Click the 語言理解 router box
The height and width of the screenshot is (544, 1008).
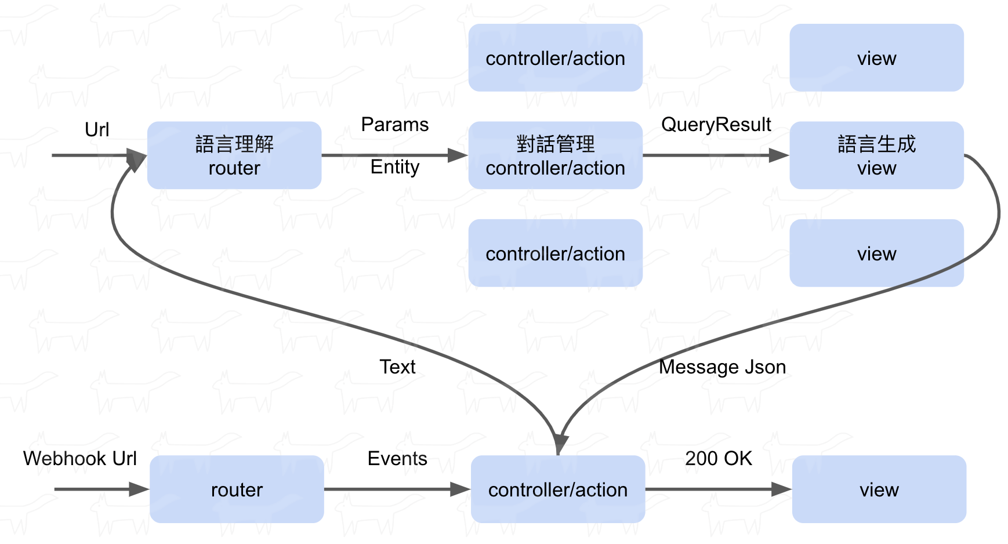coord(234,155)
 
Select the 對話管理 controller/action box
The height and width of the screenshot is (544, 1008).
coord(556,155)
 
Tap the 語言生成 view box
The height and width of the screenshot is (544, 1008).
coord(877,155)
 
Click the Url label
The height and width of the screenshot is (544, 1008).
coord(97,129)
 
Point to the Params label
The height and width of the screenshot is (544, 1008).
coord(395,125)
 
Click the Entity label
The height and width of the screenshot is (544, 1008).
coord(395,168)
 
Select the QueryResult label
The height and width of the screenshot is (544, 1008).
coord(716,125)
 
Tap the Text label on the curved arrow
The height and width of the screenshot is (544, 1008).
coord(397,367)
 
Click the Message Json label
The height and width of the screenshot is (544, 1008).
coord(723,367)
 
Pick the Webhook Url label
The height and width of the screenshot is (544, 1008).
coord(80,458)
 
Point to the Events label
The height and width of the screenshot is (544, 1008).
coord(397,458)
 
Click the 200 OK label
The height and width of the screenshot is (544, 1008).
coord(719,458)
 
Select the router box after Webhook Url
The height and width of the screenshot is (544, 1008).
coord(237,489)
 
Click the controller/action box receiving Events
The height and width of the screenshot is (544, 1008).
coord(558,489)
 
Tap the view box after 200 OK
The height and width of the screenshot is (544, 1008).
coord(879,489)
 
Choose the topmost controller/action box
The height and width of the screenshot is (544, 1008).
coord(556,57)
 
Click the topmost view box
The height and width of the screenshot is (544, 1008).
coord(877,57)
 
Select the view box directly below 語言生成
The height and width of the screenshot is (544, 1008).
coord(877,253)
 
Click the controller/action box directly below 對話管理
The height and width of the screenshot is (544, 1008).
coord(556,253)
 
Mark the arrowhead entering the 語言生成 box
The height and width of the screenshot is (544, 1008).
coord(779,155)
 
